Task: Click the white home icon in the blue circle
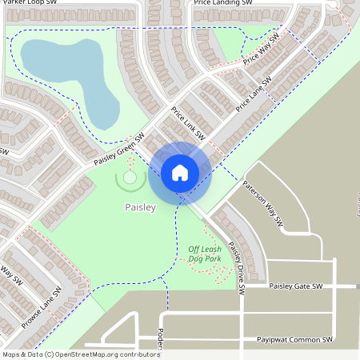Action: pos(180,173)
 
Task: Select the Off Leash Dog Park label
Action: pos(205,254)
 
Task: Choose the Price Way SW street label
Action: pos(262,50)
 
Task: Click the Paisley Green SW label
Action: pos(118,149)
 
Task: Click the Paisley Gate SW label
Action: pos(295,286)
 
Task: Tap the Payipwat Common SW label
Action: pos(294,340)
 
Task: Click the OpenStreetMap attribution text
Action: pos(81,354)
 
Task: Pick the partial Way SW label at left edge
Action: pos(9,278)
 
